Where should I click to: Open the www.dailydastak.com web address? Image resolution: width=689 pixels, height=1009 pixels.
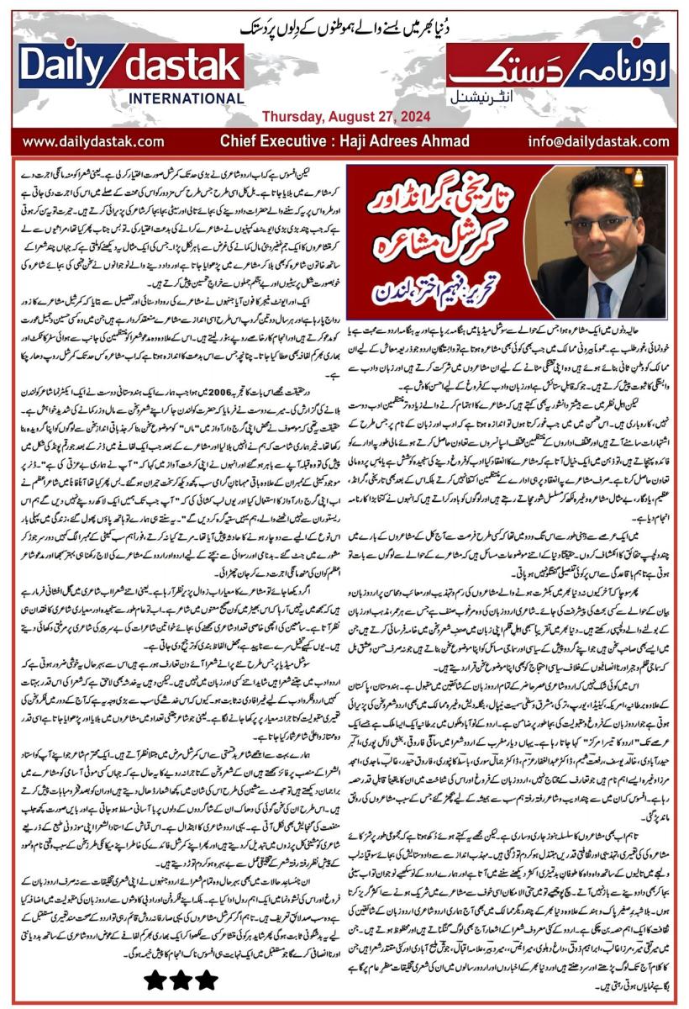[x=93, y=141]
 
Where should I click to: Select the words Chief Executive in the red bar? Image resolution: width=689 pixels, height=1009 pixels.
[x=268, y=141]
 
